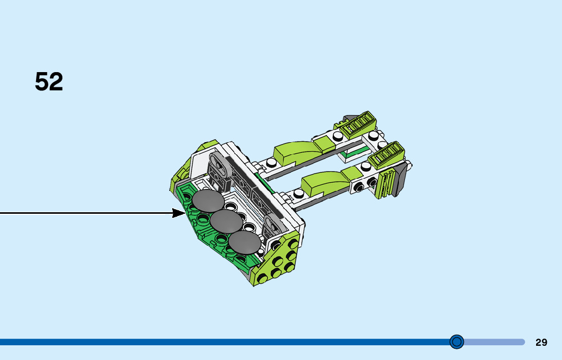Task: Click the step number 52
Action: [x=49, y=82]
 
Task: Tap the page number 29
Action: [x=541, y=342]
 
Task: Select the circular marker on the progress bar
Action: [x=457, y=342]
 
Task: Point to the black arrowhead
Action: [x=179, y=213]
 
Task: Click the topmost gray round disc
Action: [x=208, y=201]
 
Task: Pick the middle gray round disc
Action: [x=226, y=221]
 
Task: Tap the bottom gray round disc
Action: [x=244, y=241]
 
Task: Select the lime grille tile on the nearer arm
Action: [x=386, y=155]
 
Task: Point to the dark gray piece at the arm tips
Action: [x=400, y=179]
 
